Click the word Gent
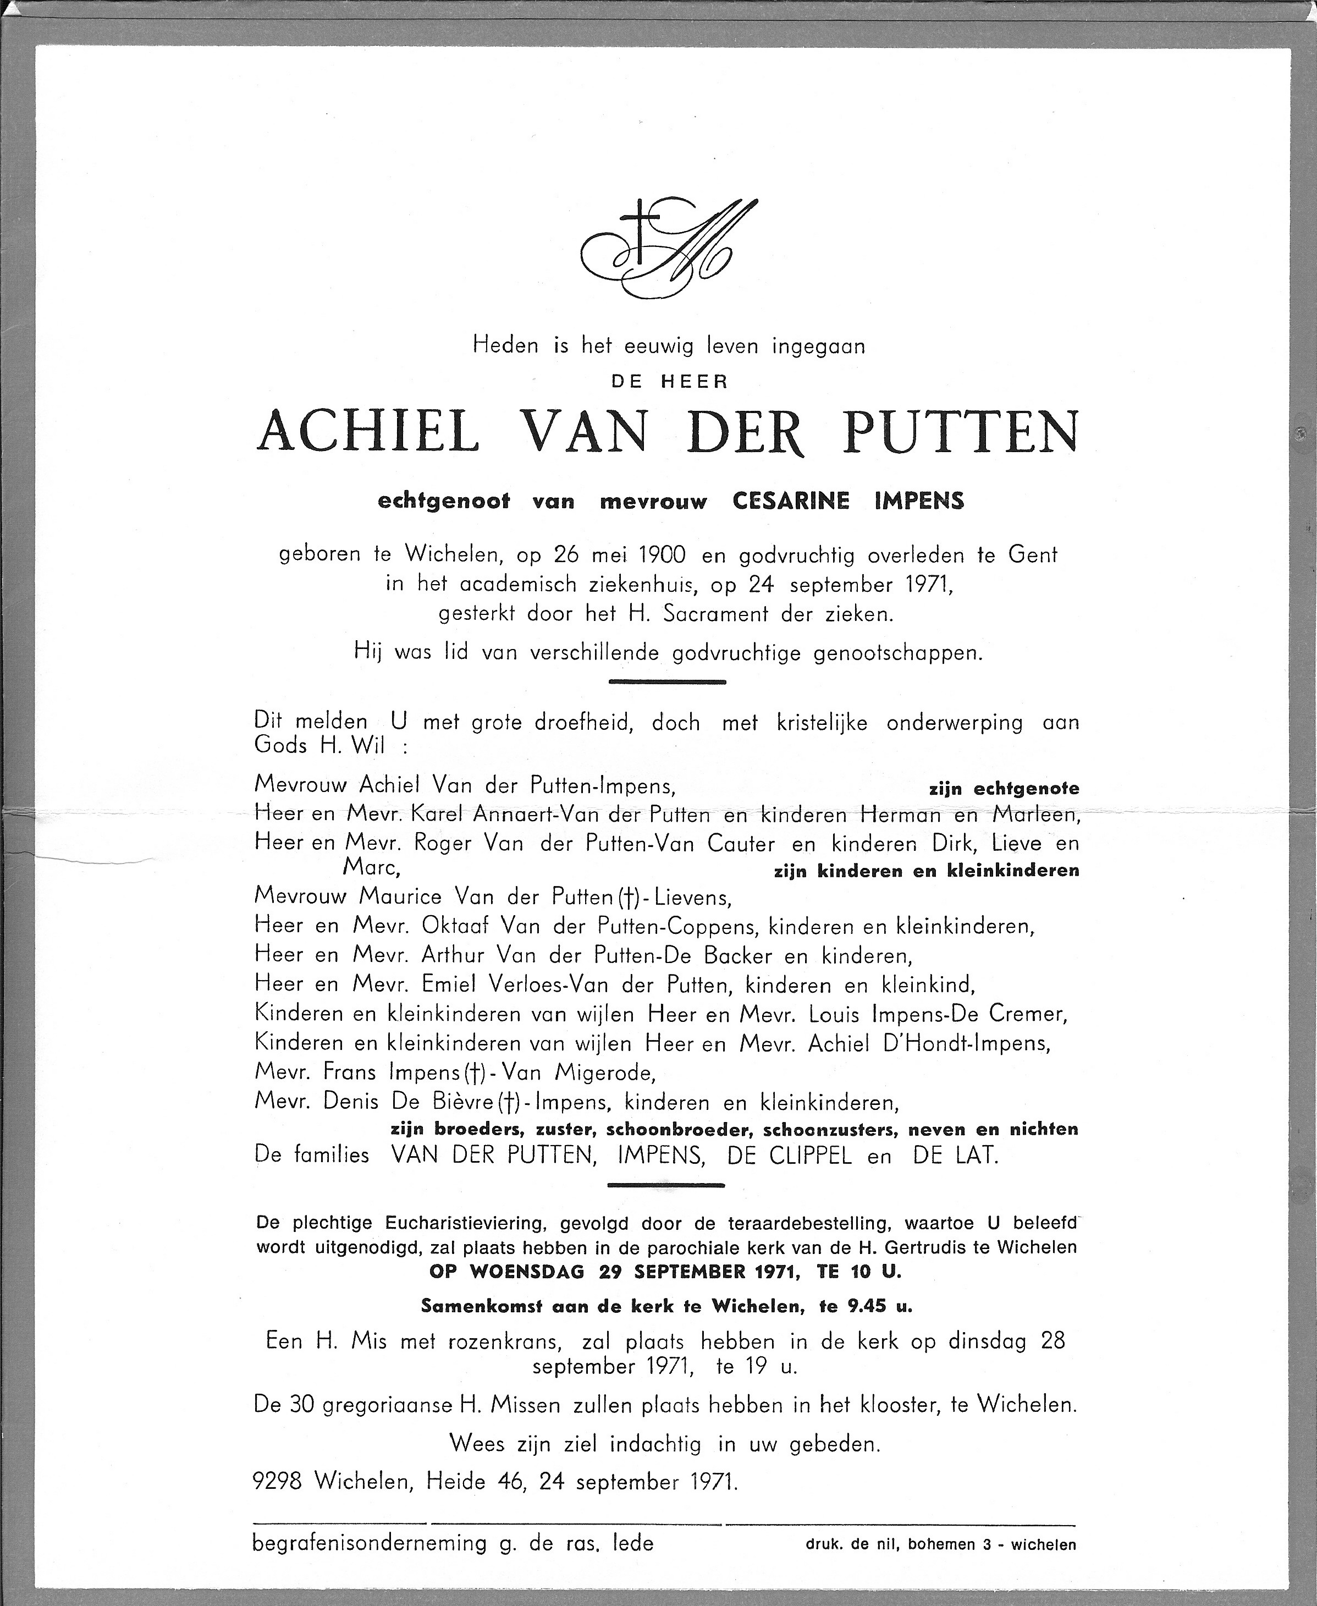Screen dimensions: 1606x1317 [1032, 555]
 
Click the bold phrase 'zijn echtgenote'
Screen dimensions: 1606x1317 [1003, 789]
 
